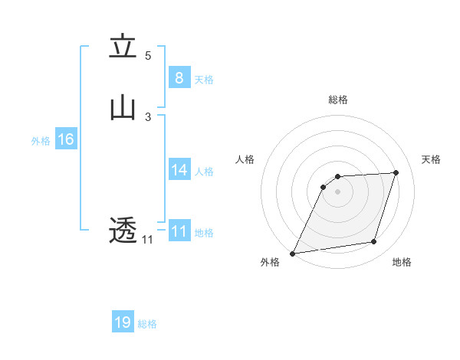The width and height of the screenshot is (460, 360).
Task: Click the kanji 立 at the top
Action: coord(123,47)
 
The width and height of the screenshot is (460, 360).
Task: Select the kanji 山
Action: coord(123,108)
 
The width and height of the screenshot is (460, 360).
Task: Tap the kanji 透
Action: coord(123,230)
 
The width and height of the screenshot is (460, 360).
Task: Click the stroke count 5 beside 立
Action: coord(148,55)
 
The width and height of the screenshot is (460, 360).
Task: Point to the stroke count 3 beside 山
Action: coord(148,116)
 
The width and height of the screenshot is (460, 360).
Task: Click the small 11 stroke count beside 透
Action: coord(147,240)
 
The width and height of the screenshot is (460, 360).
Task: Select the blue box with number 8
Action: coord(179,78)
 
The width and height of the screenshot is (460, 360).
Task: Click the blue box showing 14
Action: coord(179,170)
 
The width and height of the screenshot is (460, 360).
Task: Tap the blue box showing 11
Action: coord(179,231)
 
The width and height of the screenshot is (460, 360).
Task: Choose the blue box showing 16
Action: coord(65,139)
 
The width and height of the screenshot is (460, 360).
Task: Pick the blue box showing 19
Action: coord(123,322)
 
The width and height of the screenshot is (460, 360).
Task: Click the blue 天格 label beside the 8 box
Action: coord(204,80)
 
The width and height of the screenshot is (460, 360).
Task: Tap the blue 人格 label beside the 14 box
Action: coord(204,172)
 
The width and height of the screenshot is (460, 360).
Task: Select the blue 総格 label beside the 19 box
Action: coord(147,324)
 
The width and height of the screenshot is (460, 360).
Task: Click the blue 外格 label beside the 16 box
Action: coord(41,141)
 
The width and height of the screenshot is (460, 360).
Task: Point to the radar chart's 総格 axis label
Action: coord(337,100)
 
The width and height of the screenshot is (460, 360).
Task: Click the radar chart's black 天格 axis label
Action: coord(431,159)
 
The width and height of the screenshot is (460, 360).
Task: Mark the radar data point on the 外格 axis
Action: coord(293,253)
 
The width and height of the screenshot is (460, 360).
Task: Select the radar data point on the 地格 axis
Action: coord(374,242)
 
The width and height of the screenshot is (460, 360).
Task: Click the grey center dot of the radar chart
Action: coord(337,192)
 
